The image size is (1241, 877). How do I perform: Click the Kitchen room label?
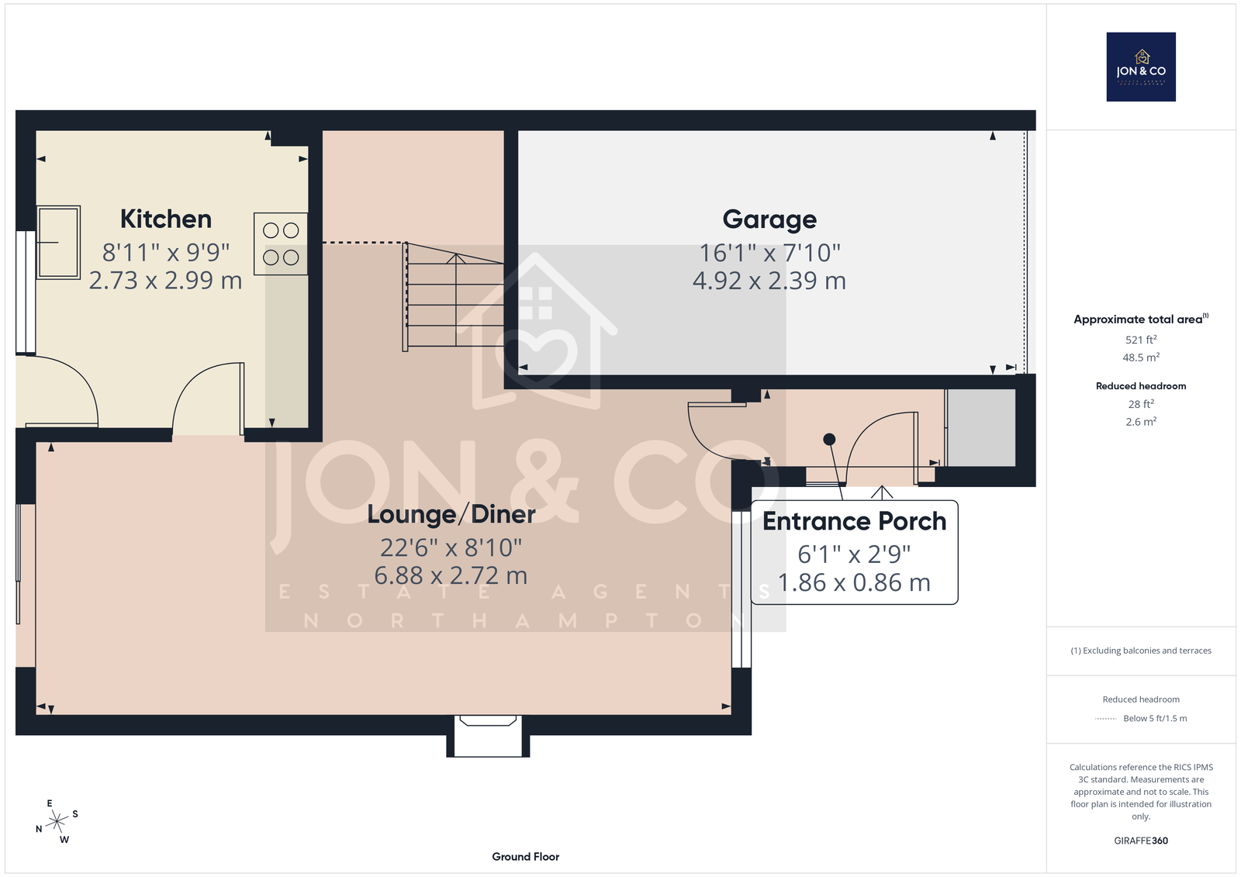(166, 219)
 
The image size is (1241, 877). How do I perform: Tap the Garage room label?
(769, 219)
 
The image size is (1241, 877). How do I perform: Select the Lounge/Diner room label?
(451, 514)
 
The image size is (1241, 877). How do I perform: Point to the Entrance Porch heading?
(854, 521)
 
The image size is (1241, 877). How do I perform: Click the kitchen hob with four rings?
(281, 243)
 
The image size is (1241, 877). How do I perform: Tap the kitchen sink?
(58, 242)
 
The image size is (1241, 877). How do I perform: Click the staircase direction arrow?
(456, 300)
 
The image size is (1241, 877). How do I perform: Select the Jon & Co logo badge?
(1141, 67)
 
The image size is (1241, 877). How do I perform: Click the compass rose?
(57, 821)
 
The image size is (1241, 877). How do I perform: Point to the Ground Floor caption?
(525, 857)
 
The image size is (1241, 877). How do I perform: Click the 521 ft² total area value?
(1141, 340)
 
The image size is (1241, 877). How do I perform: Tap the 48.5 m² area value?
(1141, 357)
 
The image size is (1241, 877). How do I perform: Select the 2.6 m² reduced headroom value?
(1141, 422)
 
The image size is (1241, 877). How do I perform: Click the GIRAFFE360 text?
(1141, 841)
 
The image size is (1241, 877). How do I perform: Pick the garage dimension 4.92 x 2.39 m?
(769, 281)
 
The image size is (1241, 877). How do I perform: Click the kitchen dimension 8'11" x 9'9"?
(166, 253)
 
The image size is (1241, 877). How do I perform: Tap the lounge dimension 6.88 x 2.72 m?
(451, 575)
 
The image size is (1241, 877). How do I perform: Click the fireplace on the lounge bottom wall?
(488, 736)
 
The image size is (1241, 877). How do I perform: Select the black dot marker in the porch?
(829, 440)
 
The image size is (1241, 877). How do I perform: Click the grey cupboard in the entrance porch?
(980, 428)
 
